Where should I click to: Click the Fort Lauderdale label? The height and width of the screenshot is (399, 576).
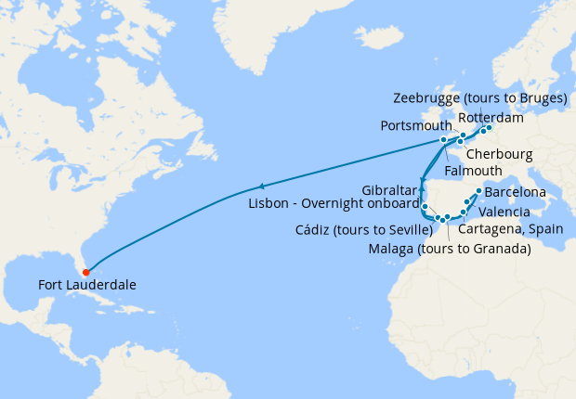(x=87, y=285)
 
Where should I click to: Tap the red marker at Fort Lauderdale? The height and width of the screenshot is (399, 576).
(x=85, y=272)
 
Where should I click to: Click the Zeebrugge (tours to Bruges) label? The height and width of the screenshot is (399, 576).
(x=480, y=97)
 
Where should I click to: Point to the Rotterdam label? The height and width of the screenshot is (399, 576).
(x=491, y=118)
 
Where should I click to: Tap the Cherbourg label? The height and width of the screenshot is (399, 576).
(x=499, y=153)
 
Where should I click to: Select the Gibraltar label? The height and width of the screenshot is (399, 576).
(x=387, y=189)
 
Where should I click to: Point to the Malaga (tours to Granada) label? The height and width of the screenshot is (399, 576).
(x=449, y=249)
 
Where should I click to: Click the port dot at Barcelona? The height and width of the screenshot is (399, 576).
(x=478, y=192)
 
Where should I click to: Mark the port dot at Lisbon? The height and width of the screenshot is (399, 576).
(x=425, y=205)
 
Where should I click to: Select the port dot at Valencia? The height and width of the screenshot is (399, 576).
(x=466, y=201)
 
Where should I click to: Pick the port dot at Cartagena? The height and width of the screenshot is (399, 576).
(x=462, y=214)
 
